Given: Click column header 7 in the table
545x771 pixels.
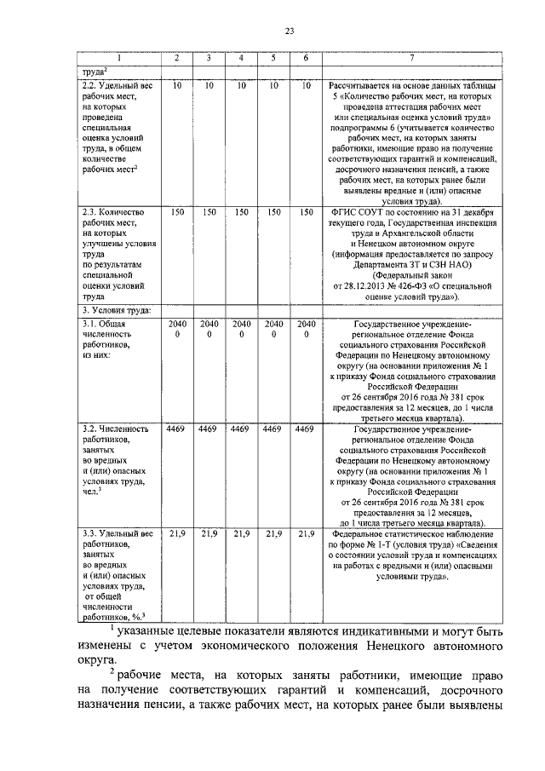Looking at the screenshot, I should point(411,58).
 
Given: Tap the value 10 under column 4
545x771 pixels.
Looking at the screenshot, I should point(241,87).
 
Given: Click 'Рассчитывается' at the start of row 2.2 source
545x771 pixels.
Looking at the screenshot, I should point(357,87).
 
